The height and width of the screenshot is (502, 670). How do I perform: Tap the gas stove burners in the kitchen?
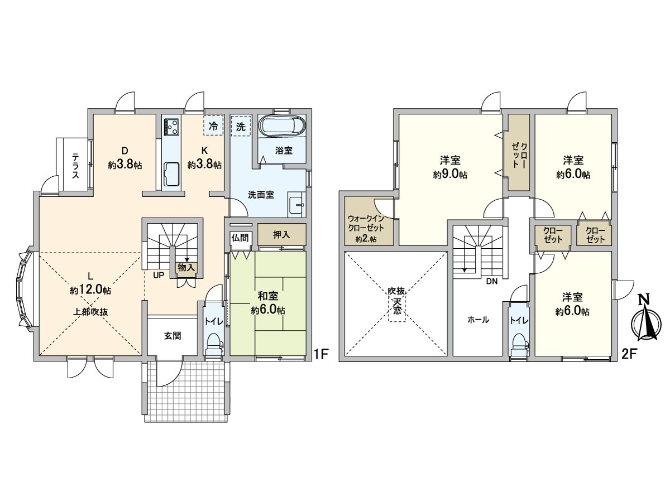click(x=171, y=127)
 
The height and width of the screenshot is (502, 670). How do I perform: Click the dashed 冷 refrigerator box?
click(x=213, y=126)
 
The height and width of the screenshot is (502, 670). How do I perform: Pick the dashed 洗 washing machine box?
click(x=241, y=126)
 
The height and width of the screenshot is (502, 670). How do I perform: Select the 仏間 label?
click(x=240, y=238)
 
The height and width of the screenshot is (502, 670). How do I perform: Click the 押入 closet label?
click(x=281, y=235)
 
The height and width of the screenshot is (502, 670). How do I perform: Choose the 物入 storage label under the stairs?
click(x=186, y=268)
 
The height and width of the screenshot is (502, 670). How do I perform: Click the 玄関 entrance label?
click(x=173, y=336)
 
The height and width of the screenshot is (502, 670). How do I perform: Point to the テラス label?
click(x=75, y=166)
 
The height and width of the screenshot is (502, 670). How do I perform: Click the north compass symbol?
click(x=646, y=322)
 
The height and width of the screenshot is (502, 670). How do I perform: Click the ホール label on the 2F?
click(x=478, y=320)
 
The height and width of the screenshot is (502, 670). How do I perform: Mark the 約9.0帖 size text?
click(x=450, y=175)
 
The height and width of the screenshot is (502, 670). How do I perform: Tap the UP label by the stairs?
click(x=159, y=275)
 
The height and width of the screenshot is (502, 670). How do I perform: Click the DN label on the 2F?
click(x=492, y=282)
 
